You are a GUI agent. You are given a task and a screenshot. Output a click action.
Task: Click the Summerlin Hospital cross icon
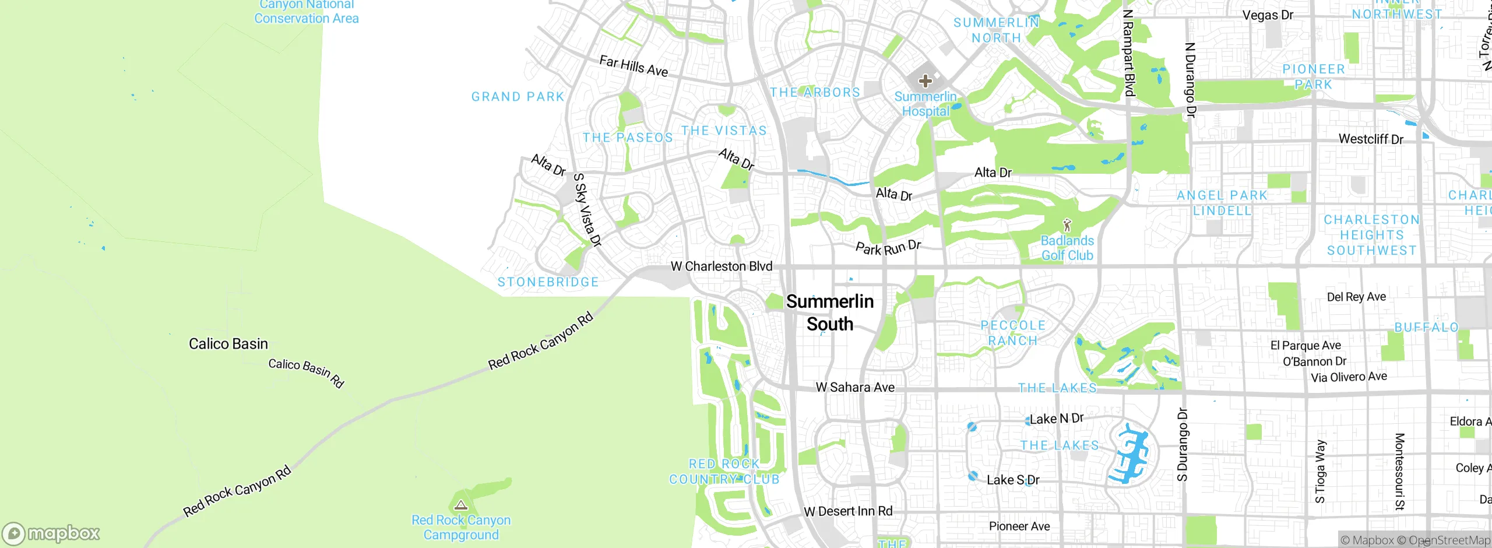[x=925, y=80]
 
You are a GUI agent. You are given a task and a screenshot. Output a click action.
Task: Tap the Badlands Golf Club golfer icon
[x=1067, y=225]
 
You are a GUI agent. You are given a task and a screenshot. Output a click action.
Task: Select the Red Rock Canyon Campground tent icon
[x=461, y=505]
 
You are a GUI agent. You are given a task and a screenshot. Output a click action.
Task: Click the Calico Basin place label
[x=228, y=344]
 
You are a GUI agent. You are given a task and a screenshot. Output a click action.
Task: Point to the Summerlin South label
[x=829, y=312]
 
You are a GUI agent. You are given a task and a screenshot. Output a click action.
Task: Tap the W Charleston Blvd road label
[x=721, y=266]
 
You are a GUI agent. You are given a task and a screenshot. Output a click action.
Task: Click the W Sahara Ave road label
[x=855, y=387]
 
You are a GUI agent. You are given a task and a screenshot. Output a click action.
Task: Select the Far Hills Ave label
[x=634, y=66]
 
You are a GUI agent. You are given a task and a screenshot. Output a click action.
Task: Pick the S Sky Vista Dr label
[x=587, y=210]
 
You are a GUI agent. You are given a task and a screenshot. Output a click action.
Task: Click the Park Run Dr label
[x=888, y=248]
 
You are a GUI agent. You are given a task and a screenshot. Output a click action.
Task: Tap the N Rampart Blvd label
[x=1129, y=52]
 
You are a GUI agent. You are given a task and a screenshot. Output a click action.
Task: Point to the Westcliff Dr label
[x=1371, y=139]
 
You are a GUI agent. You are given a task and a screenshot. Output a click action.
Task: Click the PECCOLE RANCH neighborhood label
[x=1013, y=333]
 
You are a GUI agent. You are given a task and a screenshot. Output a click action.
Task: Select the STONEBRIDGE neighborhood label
[x=548, y=282]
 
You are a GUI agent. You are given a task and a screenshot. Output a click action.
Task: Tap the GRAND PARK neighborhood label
[x=518, y=97]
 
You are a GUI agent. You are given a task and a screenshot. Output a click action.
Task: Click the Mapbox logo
[x=51, y=533]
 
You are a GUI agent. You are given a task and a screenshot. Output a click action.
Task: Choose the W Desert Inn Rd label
[x=848, y=511]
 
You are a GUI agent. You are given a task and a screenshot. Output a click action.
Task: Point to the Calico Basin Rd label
[x=306, y=373]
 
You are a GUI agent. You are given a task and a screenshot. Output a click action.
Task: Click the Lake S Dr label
[x=1013, y=480]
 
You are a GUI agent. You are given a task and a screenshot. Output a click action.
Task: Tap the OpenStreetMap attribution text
[x=1449, y=540]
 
